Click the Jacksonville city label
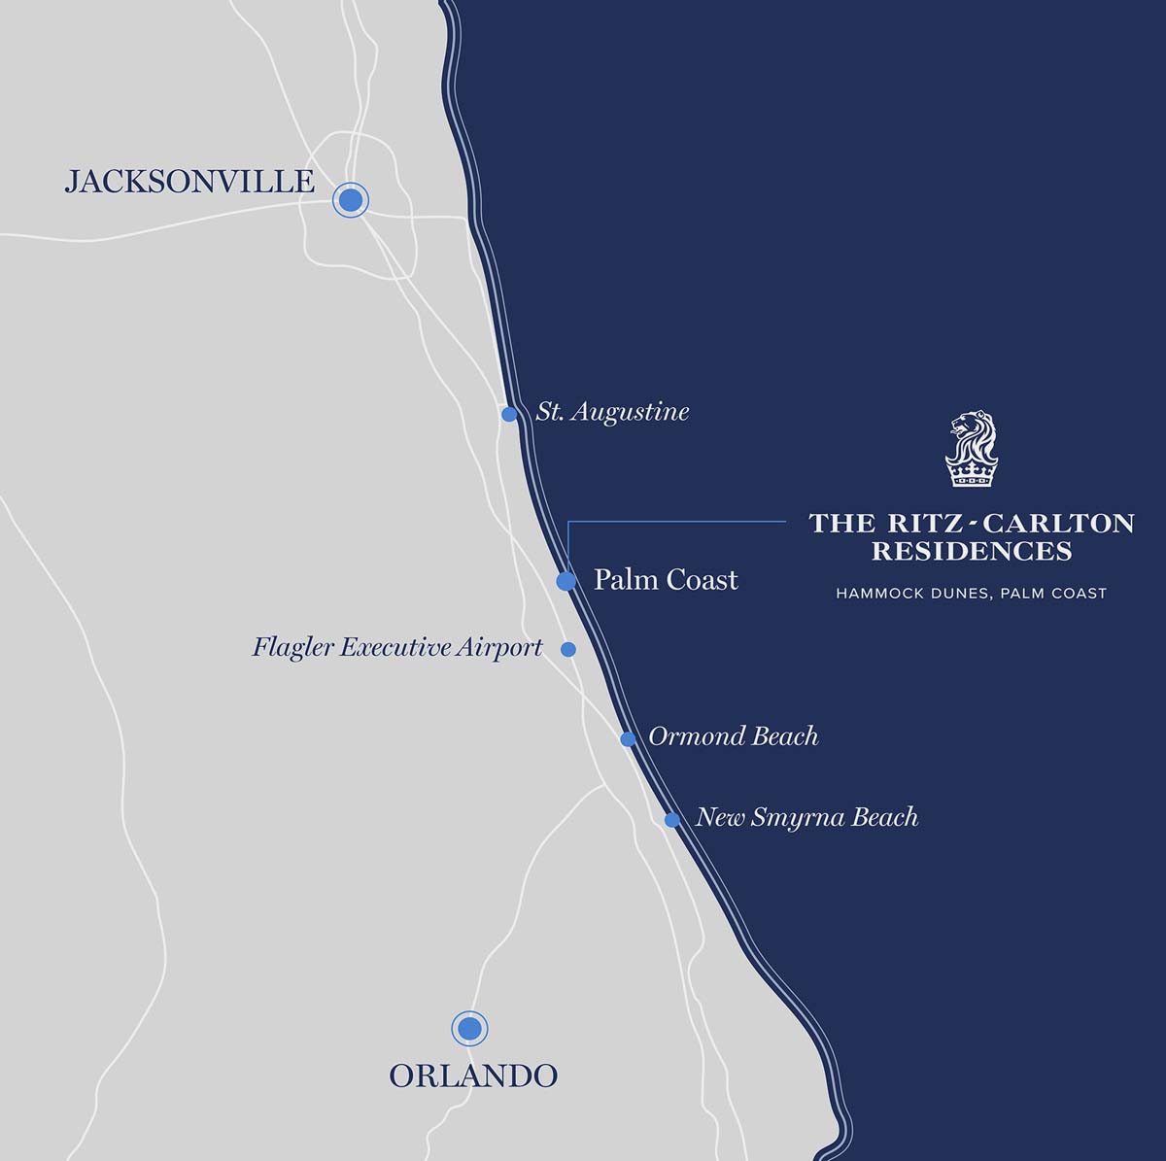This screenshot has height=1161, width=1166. point(189,182)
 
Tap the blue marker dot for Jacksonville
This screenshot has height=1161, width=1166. point(351,200)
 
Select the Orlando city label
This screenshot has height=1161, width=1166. point(473,1076)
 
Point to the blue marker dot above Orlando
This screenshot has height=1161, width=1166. point(469,1028)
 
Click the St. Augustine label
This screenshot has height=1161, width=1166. point(613,412)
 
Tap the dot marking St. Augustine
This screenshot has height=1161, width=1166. point(509,415)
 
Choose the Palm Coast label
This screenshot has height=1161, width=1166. point(666,580)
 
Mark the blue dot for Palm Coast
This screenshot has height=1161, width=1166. point(566,581)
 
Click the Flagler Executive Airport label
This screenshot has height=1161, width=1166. point(397,647)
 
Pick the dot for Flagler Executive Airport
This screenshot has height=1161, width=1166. point(568,649)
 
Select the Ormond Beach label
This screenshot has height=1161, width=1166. point(733,736)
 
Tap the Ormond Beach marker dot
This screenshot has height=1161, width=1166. point(629,739)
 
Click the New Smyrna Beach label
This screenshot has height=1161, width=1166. point(806,817)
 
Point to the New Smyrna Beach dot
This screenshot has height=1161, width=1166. point(672,820)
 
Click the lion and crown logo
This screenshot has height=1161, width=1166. point(972,449)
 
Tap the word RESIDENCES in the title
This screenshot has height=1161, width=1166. point(972,552)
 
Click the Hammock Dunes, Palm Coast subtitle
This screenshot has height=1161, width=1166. point(972,593)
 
